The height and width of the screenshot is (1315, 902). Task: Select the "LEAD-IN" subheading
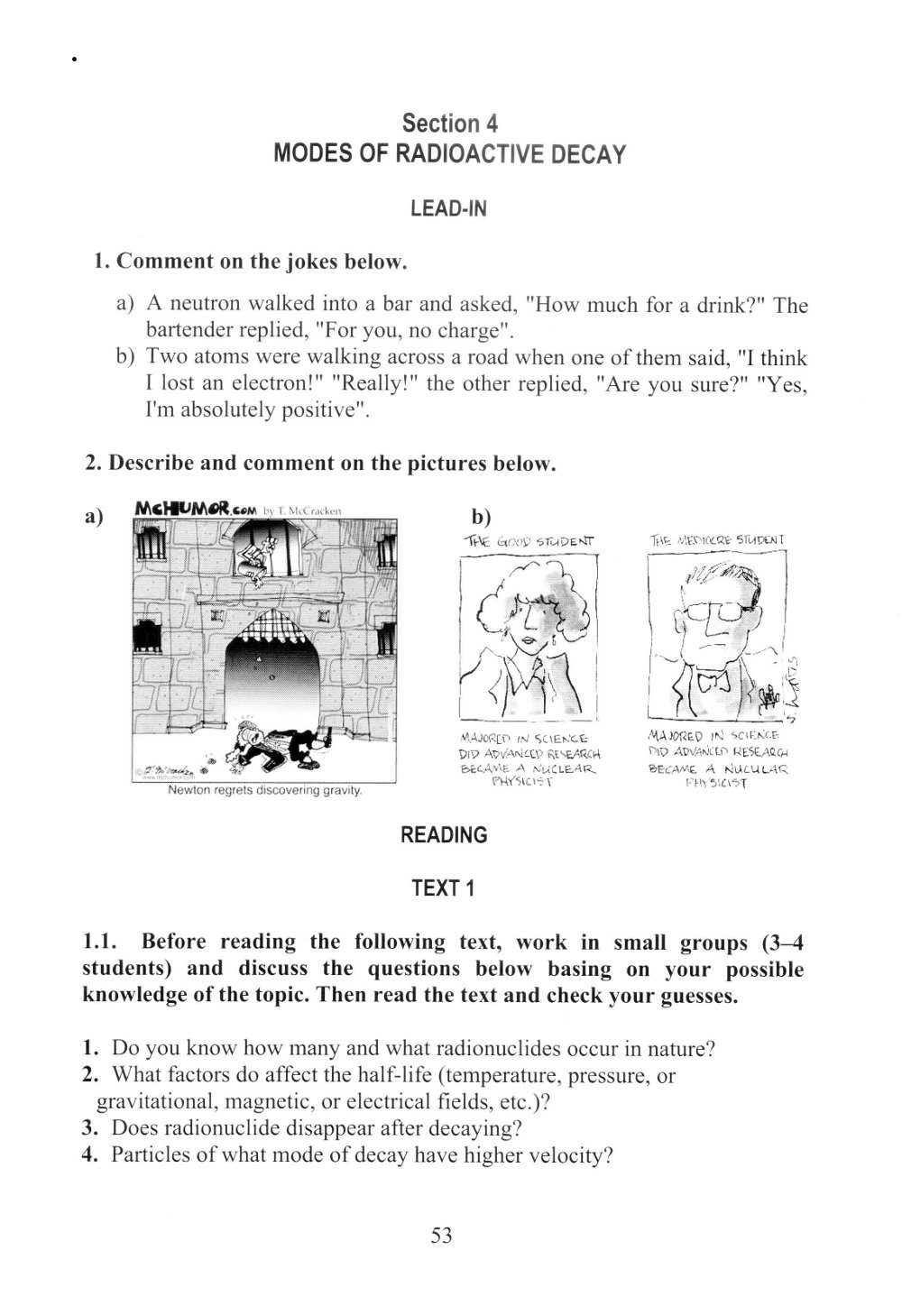[x=448, y=208]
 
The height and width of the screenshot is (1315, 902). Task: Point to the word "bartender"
[x=189, y=331]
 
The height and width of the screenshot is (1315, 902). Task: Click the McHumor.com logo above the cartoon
[x=194, y=510]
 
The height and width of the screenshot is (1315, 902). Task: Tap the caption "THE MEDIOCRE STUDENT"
[x=717, y=541]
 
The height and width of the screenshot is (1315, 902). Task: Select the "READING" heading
[x=444, y=835]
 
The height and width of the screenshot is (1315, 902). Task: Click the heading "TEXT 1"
[x=442, y=888]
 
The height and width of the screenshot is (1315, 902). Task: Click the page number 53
[x=441, y=1236]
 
